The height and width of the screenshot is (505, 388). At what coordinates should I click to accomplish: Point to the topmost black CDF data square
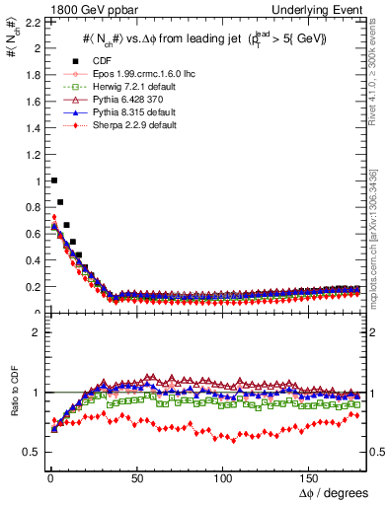pyautogui.click(x=53, y=180)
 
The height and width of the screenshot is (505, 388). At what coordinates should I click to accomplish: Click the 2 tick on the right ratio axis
pyautogui.click(x=377, y=332)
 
